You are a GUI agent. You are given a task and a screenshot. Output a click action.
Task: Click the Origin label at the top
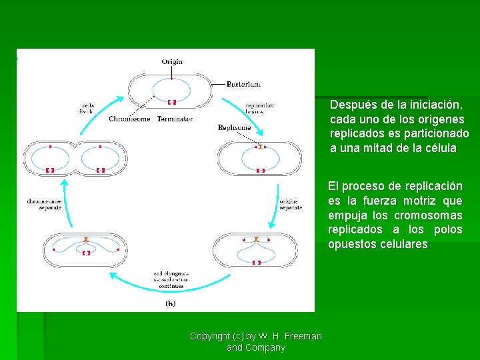pyautogui.click(x=171, y=62)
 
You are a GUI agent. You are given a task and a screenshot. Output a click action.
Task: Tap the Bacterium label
pyautogui.click(x=243, y=85)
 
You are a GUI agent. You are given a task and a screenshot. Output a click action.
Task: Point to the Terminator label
pyautogui.click(x=175, y=119)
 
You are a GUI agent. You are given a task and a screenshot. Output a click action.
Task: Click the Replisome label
pyautogui.click(x=234, y=127)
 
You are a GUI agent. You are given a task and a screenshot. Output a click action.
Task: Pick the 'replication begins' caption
pyautogui.click(x=259, y=109)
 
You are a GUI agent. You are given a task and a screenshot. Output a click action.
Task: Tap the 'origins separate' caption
pyautogui.click(x=291, y=204)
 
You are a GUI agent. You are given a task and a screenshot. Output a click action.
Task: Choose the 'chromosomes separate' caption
pyautogui.click(x=45, y=204)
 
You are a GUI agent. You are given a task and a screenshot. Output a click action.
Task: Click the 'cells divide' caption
pyautogui.click(x=87, y=109)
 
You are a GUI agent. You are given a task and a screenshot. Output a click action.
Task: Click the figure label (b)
pyautogui.click(x=171, y=303)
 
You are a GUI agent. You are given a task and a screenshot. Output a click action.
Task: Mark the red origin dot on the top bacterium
pyautogui.click(x=171, y=79)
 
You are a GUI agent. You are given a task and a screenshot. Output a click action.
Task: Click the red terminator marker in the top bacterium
pyautogui.click(x=171, y=102)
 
